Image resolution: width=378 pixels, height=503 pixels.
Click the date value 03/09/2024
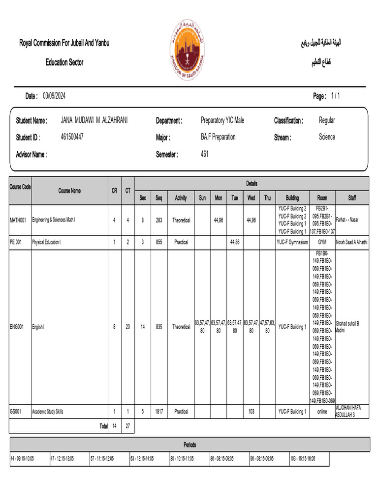coord(54,96)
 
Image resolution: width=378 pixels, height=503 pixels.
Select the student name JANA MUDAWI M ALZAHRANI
coord(94,120)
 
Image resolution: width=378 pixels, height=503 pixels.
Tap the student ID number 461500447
coord(72,137)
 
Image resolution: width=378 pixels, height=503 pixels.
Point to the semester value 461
coord(205,154)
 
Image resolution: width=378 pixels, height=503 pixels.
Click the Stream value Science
coord(327,137)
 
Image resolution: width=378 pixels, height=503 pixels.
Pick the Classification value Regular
coord(327,120)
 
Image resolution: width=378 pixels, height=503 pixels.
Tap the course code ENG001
coord(17,327)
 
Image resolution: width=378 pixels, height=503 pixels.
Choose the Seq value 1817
coord(159,412)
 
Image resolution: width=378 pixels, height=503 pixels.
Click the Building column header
coord(292,198)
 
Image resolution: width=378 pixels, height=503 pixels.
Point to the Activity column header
coord(181,198)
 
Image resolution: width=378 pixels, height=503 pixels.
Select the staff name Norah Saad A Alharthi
coord(352,242)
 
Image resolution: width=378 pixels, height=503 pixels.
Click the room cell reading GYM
coord(322,242)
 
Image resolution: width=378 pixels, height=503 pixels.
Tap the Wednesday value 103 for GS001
coord(251,412)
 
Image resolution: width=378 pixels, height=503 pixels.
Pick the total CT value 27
coord(127,426)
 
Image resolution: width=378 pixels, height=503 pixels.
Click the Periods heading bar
coord(189,445)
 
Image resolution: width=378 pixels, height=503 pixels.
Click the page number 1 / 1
coord(335,96)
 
